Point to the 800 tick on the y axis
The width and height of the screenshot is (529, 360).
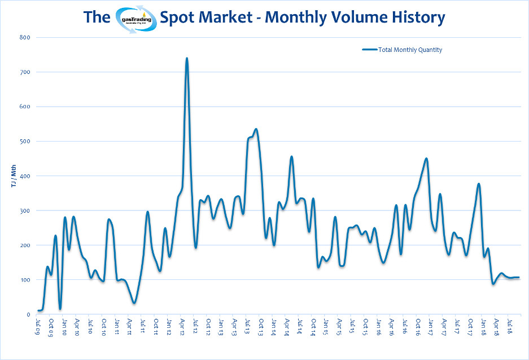tap(25, 38)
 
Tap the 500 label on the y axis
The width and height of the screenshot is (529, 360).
tap(25, 142)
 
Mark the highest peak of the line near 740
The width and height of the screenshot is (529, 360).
tap(186, 58)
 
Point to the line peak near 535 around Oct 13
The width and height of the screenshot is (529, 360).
tap(256, 129)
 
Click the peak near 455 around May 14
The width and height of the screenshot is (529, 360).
tap(291, 157)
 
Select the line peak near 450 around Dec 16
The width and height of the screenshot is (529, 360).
tap(426, 159)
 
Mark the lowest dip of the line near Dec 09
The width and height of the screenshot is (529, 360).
tap(60, 309)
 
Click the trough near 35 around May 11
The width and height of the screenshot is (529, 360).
tap(134, 302)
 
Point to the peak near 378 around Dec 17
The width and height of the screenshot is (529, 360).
tap(479, 184)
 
